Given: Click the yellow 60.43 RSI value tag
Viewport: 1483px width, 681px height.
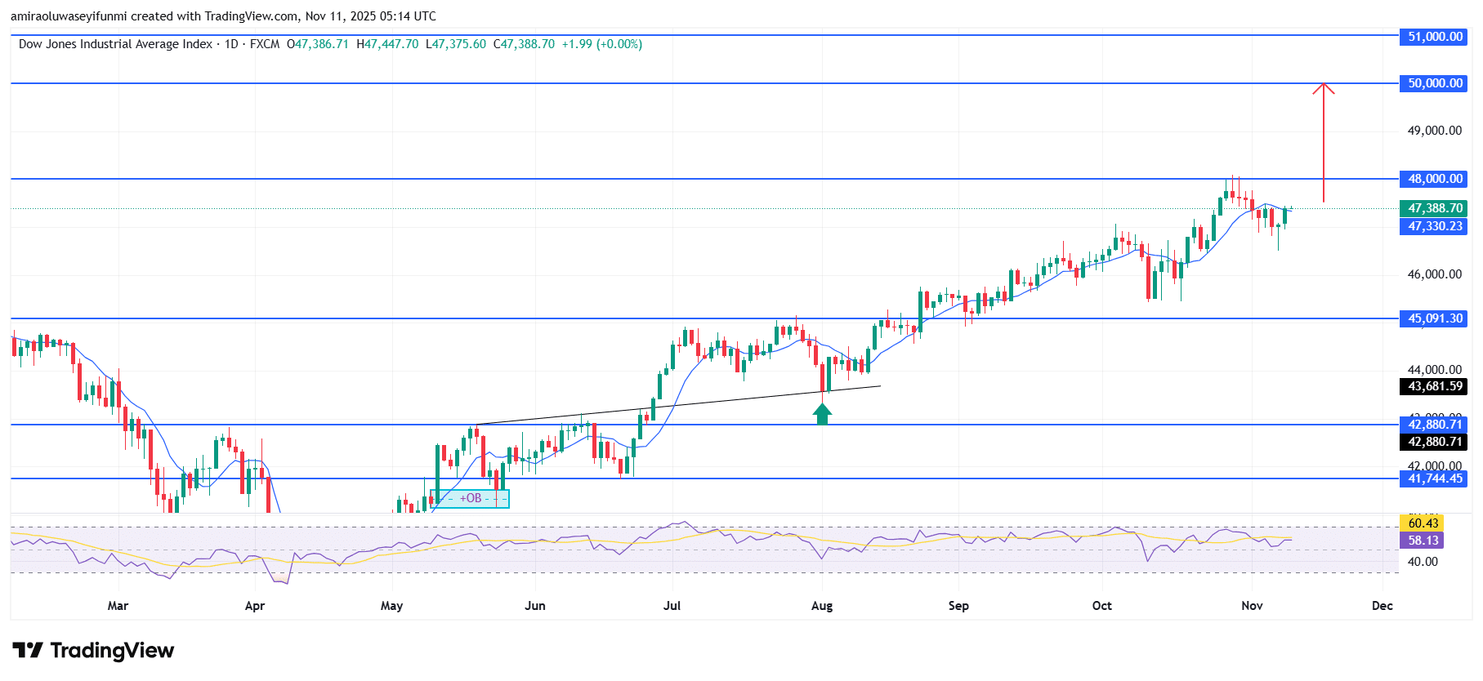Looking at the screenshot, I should click(x=1423, y=523).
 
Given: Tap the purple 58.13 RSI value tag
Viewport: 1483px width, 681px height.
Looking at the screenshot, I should click(x=1423, y=541).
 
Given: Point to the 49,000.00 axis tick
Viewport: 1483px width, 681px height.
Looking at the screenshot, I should click(x=1434, y=131).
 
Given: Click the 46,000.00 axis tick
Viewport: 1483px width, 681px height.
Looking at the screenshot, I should click(x=1434, y=274).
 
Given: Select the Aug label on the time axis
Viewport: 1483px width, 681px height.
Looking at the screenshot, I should click(x=822, y=606).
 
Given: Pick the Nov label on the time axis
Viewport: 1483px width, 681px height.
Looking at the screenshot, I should click(x=1252, y=606).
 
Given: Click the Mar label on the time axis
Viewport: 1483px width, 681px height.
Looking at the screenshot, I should click(x=118, y=606).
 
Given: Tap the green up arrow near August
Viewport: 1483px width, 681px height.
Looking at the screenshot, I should click(x=822, y=414).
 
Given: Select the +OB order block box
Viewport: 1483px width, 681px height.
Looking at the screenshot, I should click(x=470, y=498).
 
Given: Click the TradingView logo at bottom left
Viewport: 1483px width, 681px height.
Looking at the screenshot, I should click(x=93, y=651).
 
